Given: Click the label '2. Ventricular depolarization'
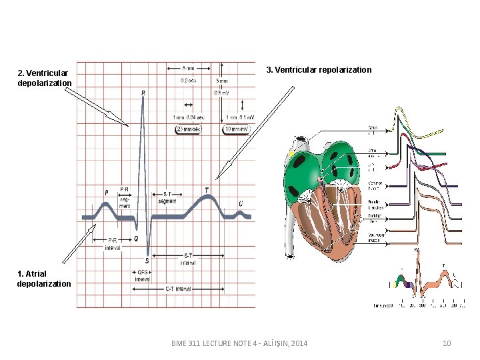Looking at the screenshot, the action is pyautogui.click(x=44, y=78).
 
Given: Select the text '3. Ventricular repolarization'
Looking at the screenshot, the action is pyautogui.click(x=319, y=69).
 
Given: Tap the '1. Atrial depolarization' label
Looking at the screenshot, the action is pyautogui.click(x=43, y=279).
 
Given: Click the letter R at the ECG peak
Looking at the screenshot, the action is pyautogui.click(x=143, y=93).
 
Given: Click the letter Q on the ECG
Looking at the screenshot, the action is pyautogui.click(x=135, y=237).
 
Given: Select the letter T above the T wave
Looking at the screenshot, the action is pyautogui.click(x=206, y=190).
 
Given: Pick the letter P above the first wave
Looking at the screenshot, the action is pyautogui.click(x=106, y=193).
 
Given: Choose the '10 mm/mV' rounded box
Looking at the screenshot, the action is pyautogui.click(x=238, y=129).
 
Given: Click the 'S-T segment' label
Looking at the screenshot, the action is pyautogui.click(x=168, y=197).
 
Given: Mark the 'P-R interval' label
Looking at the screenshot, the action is pyautogui.click(x=113, y=243).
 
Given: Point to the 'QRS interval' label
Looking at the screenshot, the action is pyautogui.click(x=142, y=276).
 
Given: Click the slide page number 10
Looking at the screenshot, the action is pyautogui.click(x=447, y=343).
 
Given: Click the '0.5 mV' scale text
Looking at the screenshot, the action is pyautogui.click(x=221, y=93).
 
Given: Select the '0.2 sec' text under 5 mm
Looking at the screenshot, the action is pyautogui.click(x=189, y=81).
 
